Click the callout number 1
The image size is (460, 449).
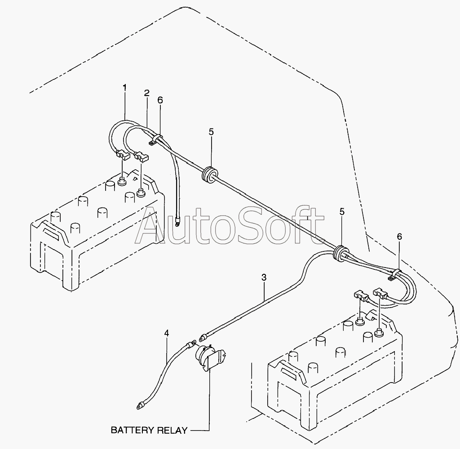click(125, 88)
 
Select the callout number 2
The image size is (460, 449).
click(147, 93)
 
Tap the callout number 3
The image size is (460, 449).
click(264, 277)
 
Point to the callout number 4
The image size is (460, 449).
click(167, 333)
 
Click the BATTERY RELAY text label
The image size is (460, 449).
click(149, 430)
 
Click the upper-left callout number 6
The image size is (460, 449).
click(160, 100)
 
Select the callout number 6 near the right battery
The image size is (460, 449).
click(399, 236)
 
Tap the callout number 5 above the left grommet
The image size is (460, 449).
click(211, 132)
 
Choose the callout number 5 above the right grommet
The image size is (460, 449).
click(342, 211)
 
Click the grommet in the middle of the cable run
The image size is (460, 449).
click(209, 174)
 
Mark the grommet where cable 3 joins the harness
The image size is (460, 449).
click(341, 253)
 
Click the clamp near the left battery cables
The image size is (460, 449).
click(156, 139)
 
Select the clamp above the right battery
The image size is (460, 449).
click(395, 274)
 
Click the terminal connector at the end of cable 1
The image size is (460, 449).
click(123, 155)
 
